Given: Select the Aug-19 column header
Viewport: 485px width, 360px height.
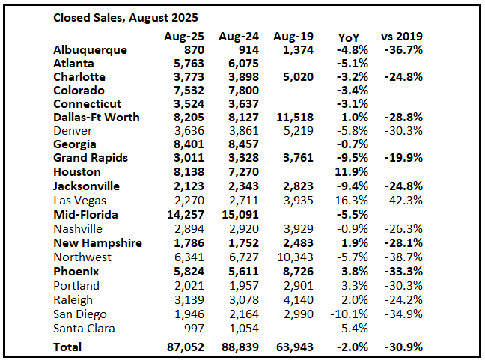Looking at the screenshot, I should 293,36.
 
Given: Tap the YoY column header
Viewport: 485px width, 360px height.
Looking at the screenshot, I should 348,37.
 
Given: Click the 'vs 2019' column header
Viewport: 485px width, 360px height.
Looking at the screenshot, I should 405,37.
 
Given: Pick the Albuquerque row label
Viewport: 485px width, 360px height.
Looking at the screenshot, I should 91,49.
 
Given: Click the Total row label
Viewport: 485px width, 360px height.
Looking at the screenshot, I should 68,347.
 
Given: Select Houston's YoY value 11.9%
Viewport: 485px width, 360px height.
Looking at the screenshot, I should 354,171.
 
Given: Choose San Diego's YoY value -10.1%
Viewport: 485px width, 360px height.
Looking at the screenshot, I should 353,314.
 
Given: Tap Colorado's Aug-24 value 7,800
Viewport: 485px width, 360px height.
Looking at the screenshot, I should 240,90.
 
